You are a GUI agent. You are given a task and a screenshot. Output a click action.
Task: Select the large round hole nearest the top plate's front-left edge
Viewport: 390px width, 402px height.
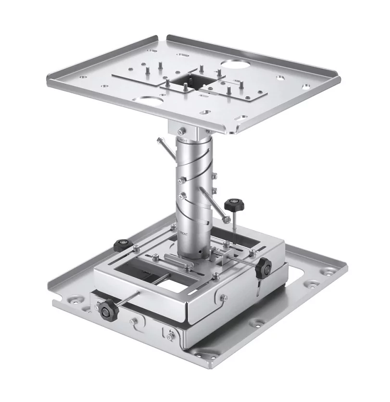pyautogui.click(x=150, y=101)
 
